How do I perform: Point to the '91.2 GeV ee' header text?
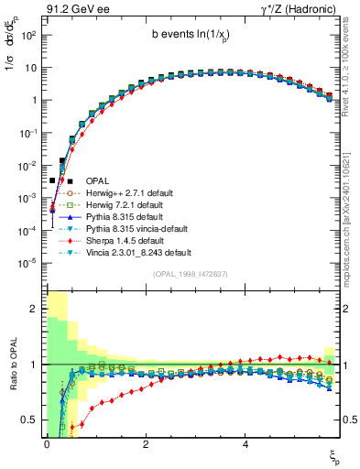point(71,7)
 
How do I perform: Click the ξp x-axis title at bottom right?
point(335,455)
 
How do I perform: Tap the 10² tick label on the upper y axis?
point(27,35)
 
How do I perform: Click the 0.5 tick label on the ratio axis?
point(28,420)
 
